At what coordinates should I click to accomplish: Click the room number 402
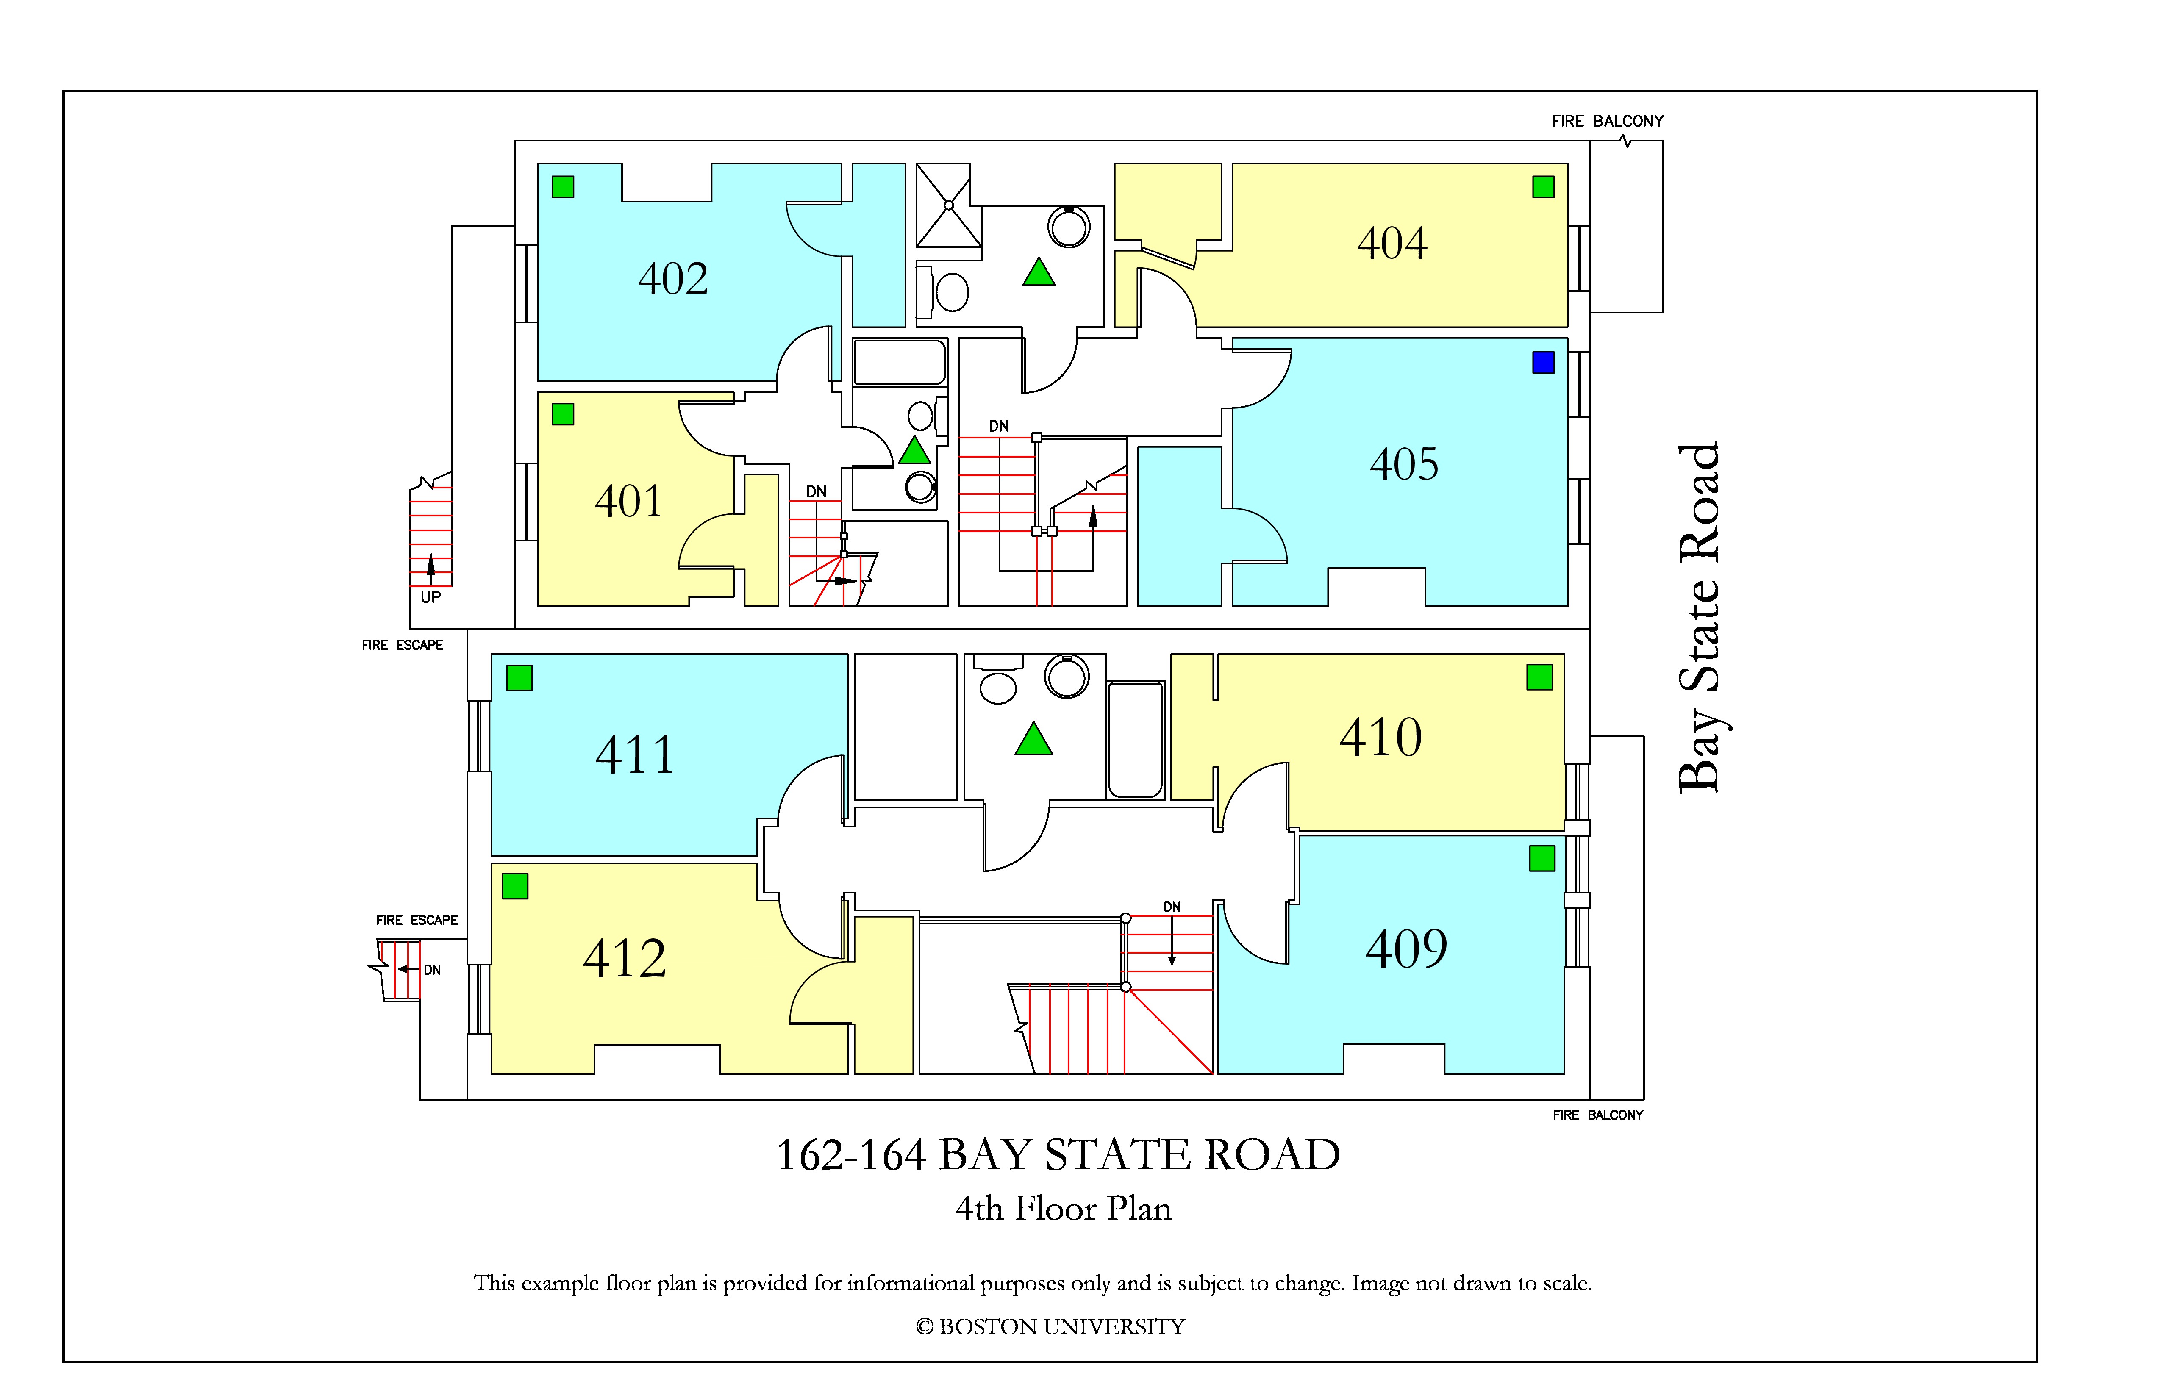[673, 279]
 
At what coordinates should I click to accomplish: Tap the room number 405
[1404, 465]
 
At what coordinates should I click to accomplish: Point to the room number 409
[1406, 949]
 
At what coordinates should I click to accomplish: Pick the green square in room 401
[563, 414]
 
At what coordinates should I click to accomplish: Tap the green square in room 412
[515, 886]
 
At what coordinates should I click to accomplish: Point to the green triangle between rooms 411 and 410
[1033, 740]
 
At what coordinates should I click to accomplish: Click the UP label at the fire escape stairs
[431, 597]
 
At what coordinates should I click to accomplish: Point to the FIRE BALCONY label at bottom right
[1597, 1115]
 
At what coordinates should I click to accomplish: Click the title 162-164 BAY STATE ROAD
[1058, 1155]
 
